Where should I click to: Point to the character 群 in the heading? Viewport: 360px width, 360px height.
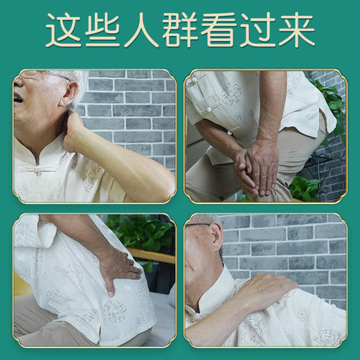181,31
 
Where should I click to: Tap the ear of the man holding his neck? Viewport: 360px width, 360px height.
66,104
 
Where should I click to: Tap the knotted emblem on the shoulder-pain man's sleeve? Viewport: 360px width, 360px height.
303,315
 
